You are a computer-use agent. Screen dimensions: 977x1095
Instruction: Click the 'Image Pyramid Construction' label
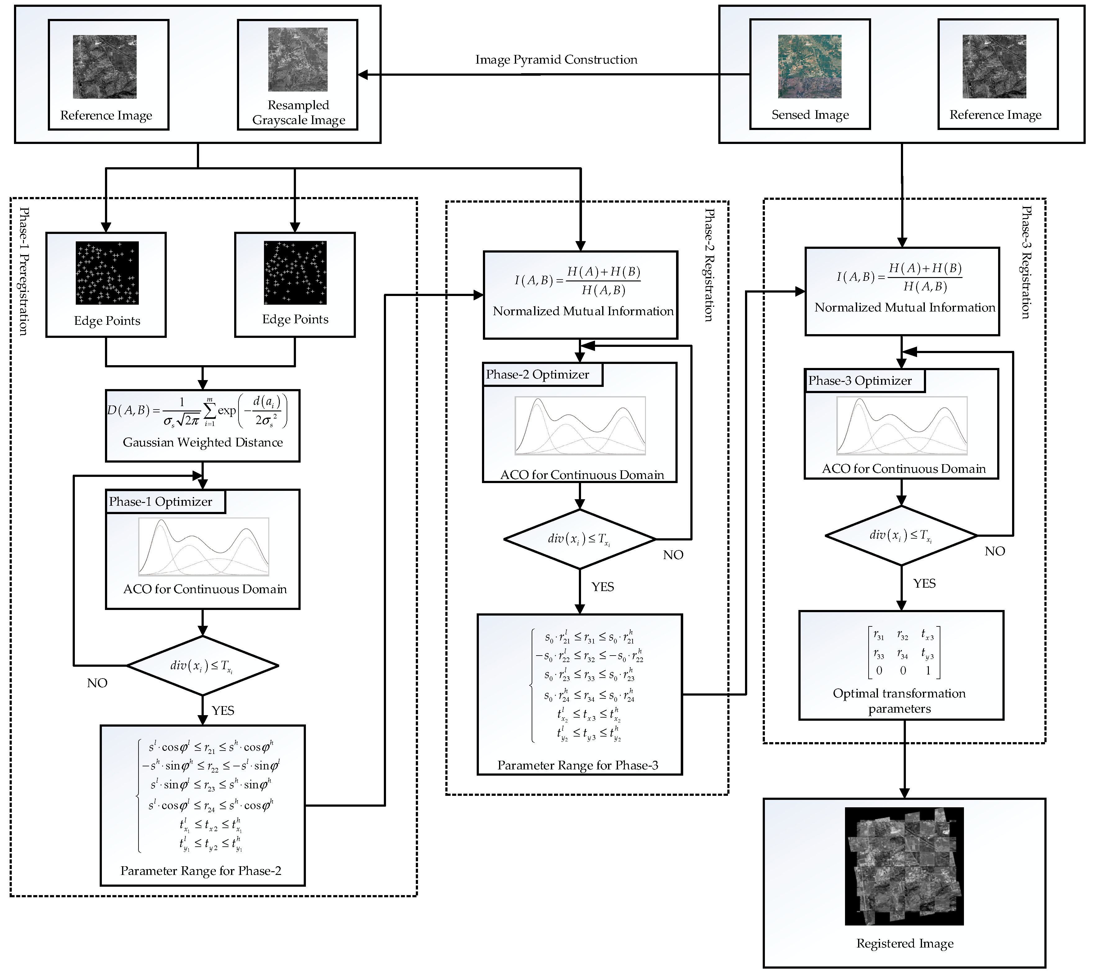[x=556, y=60]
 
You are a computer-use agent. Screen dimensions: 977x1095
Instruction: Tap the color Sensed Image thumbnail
[x=810, y=67]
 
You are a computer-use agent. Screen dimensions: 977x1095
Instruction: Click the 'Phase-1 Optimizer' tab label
[x=161, y=502]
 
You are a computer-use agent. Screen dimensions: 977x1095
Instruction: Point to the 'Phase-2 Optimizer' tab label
[x=537, y=375]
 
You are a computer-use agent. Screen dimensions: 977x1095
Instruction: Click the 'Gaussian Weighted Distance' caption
[x=202, y=442]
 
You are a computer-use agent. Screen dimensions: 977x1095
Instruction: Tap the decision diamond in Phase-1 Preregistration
[x=202, y=666]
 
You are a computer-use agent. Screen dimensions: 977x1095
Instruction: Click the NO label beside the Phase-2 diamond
[x=673, y=555]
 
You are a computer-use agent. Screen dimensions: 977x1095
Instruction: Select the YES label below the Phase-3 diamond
[x=924, y=584]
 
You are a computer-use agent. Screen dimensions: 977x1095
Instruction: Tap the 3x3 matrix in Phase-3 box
[x=904, y=652]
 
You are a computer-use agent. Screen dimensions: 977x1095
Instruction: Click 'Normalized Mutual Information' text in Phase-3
[x=905, y=307]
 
